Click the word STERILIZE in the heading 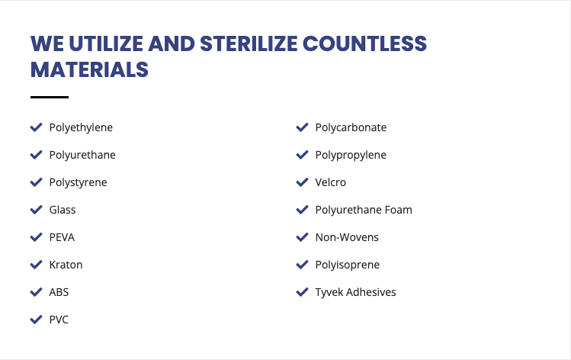coord(249,43)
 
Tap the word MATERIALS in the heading coord(90,69)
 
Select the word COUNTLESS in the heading coord(364,43)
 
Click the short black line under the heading coord(50,97)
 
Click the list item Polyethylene coord(81,128)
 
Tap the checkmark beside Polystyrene coord(36,182)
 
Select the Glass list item coord(63,210)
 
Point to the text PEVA coord(62,237)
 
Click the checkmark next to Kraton coord(36,265)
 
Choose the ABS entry coord(59,292)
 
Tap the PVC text coord(59,320)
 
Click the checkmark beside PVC coord(36,320)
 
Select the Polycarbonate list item coord(351,127)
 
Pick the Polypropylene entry coord(351,156)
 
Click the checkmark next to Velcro coord(302,182)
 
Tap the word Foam coord(399,210)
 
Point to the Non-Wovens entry coord(347,237)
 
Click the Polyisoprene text coord(348,265)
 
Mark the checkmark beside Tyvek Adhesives coord(302,292)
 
